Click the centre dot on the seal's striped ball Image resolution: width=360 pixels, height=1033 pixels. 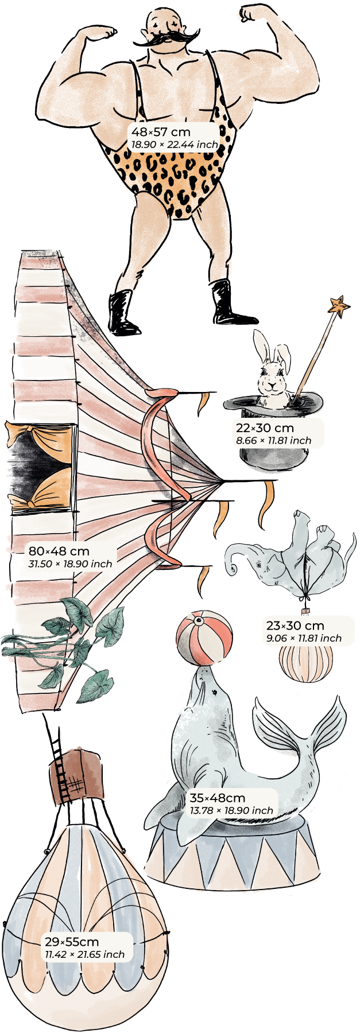click(199, 620)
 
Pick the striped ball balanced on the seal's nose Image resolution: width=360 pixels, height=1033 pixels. click(205, 639)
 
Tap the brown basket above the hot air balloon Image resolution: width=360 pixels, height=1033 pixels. click(77, 775)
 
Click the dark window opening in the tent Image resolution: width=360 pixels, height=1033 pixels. click(40, 462)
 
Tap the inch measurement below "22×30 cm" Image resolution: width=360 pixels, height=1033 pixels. click(273, 441)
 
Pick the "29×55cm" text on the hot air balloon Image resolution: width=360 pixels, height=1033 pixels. click(72, 942)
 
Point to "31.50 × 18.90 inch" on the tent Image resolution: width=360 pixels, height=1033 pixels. click(70, 564)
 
